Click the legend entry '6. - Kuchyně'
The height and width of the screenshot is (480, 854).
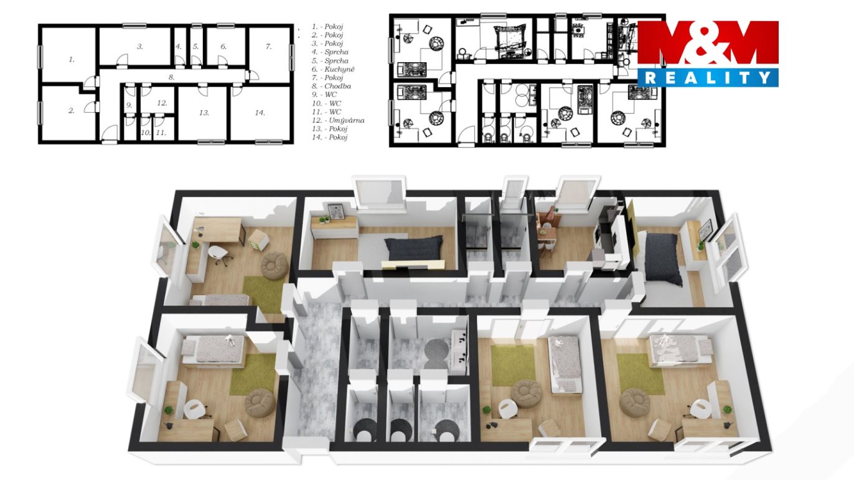coord(333,69)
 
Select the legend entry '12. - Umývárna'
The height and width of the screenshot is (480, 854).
coord(338,120)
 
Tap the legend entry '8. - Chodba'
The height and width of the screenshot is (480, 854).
coord(331,86)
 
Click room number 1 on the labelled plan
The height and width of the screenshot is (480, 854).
coord(72,60)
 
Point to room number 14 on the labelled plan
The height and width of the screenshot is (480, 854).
coord(260,113)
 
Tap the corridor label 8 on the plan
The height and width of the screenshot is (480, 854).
coord(172,77)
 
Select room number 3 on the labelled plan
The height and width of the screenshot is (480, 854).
coord(140,47)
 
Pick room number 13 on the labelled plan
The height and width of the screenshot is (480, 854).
coord(204,113)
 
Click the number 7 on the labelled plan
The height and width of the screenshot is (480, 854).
coord(268,47)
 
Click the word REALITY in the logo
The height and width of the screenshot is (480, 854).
coord(708,78)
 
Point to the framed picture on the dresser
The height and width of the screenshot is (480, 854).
coord(336,212)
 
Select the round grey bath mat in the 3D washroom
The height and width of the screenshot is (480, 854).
coord(436,354)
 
